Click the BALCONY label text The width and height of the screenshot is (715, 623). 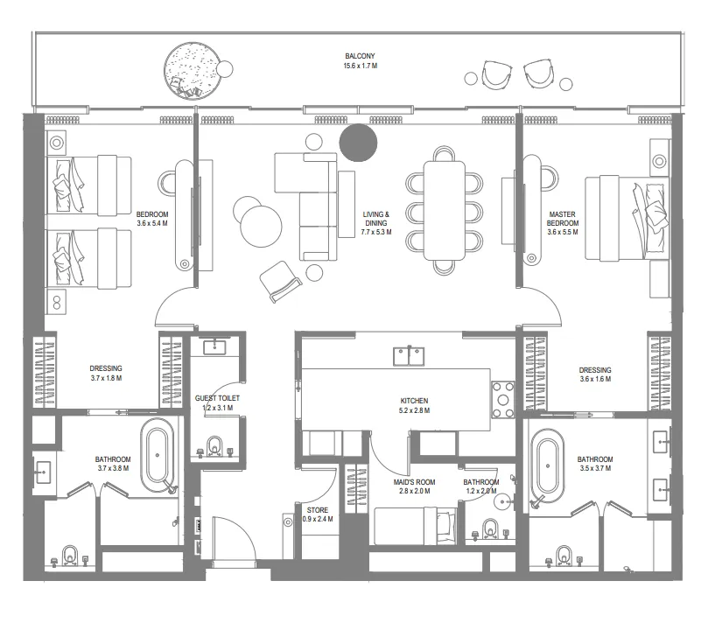[360, 55]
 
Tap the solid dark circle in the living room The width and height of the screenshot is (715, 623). [358, 142]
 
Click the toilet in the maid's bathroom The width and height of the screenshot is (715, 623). [491, 528]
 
